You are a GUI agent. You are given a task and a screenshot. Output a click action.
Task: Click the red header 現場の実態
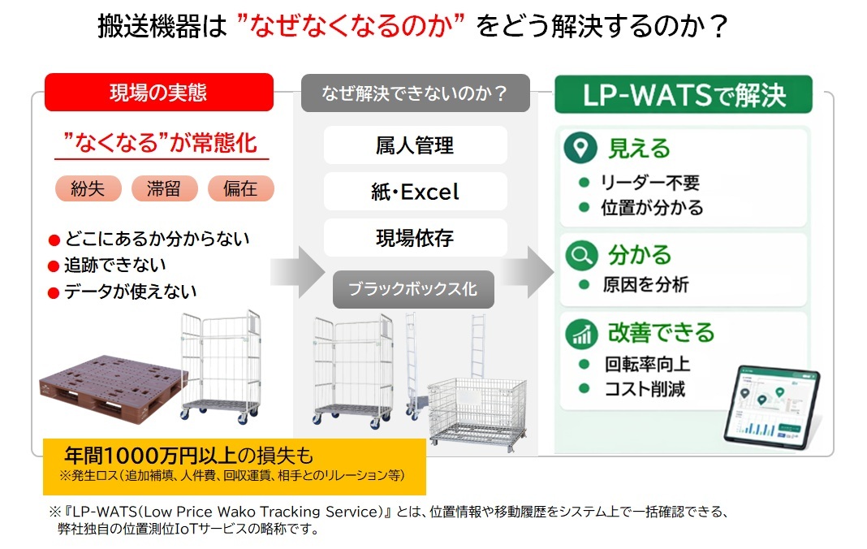(x=158, y=93)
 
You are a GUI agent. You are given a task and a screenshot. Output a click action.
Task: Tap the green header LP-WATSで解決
(x=684, y=94)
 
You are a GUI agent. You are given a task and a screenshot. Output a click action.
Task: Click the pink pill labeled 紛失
(x=88, y=188)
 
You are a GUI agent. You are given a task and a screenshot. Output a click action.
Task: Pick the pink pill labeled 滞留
(x=165, y=188)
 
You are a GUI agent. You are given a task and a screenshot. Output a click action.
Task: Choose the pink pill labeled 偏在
(x=240, y=188)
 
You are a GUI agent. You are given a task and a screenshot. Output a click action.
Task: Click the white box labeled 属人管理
(x=415, y=145)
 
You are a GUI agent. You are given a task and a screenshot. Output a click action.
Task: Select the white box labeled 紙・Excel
(x=415, y=192)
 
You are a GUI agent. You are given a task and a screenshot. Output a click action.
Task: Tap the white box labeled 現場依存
(x=415, y=238)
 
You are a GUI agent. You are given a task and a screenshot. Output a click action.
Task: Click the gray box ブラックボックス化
(x=413, y=289)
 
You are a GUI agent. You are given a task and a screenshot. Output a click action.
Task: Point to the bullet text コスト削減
(x=644, y=389)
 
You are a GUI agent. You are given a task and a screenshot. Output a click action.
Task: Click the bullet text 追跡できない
(x=115, y=265)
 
